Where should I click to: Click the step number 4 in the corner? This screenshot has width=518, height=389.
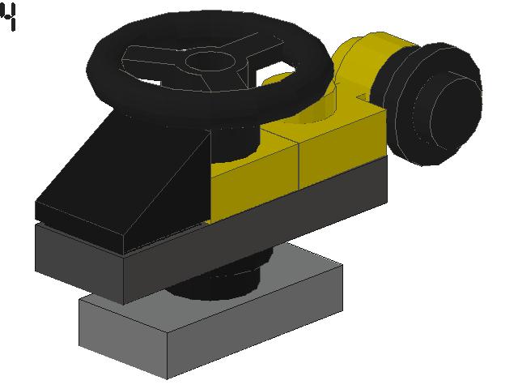[9, 17]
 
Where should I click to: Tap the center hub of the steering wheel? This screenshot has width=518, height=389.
[210, 62]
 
